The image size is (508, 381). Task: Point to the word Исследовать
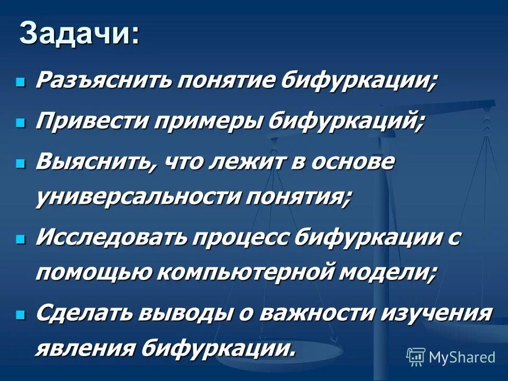(112, 238)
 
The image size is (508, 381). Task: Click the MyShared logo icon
(416, 357)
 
